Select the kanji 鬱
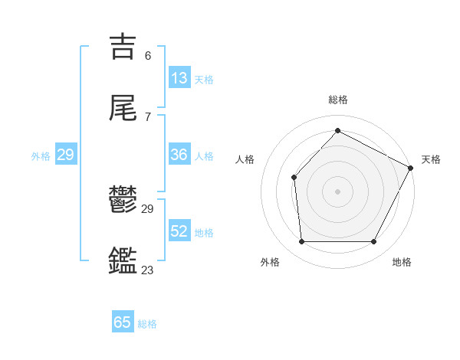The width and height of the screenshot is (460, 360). coord(123,200)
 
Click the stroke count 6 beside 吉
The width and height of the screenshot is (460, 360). coord(148,55)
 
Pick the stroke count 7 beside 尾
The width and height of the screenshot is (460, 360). coord(148,116)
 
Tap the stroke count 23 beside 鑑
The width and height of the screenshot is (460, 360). coord(148,270)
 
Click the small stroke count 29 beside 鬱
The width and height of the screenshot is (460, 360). coord(148,209)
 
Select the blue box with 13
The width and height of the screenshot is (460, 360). coord(179,78)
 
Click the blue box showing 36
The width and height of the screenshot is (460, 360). coord(179,155)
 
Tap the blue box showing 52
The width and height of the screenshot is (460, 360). coord(179,231)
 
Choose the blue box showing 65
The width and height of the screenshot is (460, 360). coord(123,322)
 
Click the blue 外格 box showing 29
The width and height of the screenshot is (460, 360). coord(65,155)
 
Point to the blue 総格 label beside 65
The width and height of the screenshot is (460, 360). coord(147,324)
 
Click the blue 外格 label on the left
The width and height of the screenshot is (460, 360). coord(41,155)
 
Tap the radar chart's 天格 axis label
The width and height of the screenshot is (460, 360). coord(431,159)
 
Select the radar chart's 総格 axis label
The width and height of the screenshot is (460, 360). coord(337,100)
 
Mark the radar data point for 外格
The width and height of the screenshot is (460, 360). coord(301,242)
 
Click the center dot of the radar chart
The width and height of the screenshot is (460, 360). coord(337,191)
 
